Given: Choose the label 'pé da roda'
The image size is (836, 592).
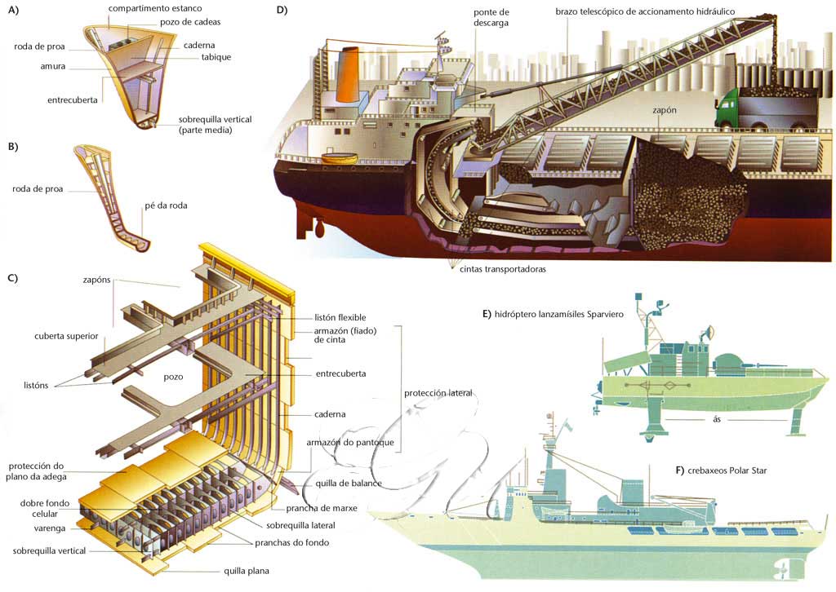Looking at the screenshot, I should click(x=167, y=205).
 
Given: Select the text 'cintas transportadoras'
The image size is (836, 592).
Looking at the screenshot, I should click(x=497, y=268).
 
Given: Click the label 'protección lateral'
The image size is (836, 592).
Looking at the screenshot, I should click(x=438, y=393).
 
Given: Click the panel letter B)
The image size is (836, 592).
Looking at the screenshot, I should click(x=12, y=147).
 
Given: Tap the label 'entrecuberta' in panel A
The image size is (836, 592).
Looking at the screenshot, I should click(x=73, y=100).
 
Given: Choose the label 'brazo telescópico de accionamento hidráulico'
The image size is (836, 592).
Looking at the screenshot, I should click(x=645, y=11).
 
